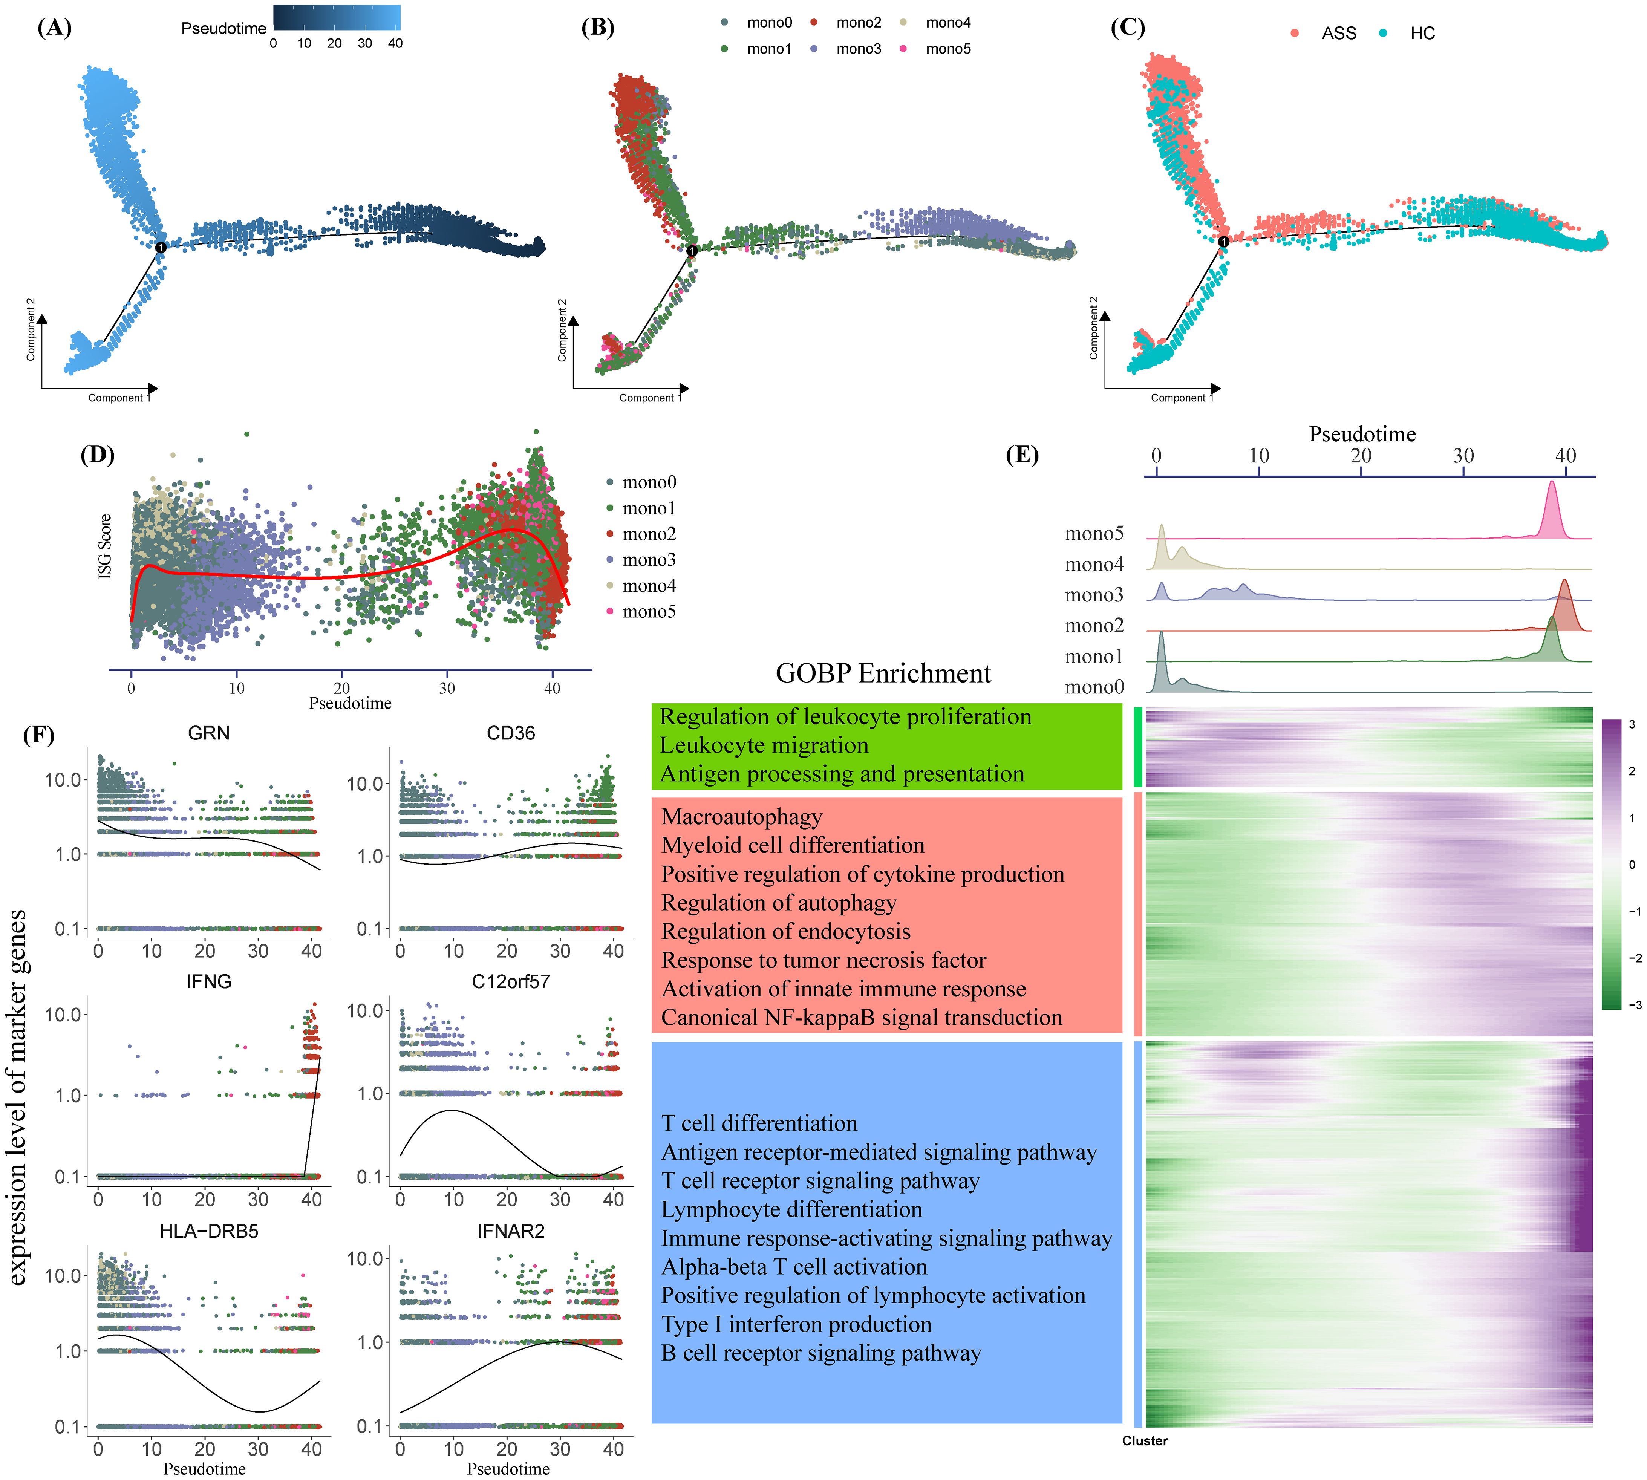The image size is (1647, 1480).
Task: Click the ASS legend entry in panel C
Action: [x=1338, y=33]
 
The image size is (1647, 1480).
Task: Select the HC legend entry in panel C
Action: [x=1422, y=33]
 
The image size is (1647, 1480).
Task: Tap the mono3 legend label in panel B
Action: [x=858, y=49]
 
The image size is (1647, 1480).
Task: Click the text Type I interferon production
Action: [x=796, y=1324]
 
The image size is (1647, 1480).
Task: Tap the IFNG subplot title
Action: [x=209, y=981]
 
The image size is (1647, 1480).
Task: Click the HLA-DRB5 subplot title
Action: [x=209, y=1231]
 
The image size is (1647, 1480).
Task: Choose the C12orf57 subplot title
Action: [x=511, y=981]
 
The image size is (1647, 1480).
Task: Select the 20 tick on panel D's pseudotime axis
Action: [x=341, y=688]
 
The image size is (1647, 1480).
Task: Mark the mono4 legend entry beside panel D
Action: [x=648, y=586]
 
